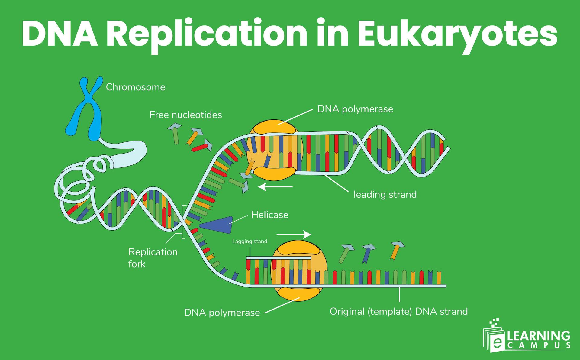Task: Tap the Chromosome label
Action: tap(135, 87)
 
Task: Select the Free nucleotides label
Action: tap(185, 115)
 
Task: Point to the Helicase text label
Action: tap(269, 215)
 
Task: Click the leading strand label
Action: tap(385, 194)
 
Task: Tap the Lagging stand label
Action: tap(250, 242)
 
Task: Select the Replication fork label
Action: tap(153, 258)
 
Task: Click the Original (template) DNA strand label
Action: tap(398, 311)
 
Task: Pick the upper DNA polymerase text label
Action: tap(355, 109)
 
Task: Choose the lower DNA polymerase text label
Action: tap(222, 313)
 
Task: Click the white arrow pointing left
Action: tap(275, 187)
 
